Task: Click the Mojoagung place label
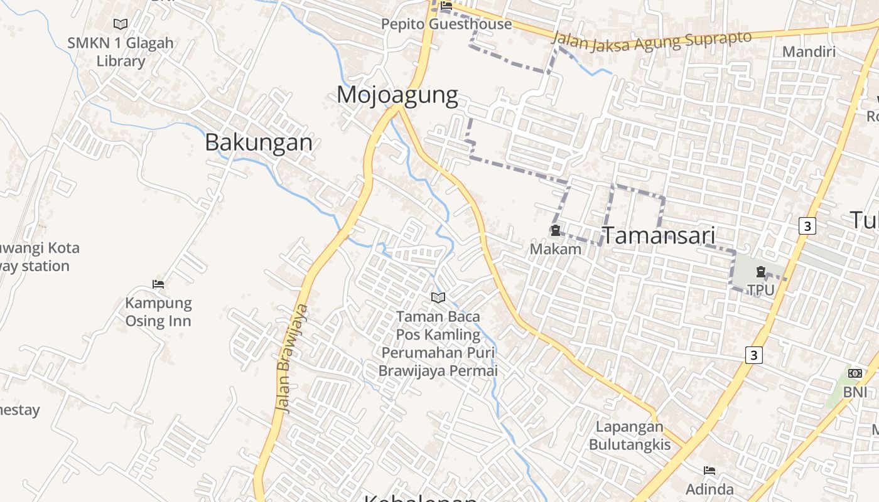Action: (x=397, y=95)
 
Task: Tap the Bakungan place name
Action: (x=259, y=142)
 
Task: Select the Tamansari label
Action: (x=659, y=235)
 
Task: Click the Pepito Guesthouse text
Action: (x=447, y=24)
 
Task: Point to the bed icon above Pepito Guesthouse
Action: (x=446, y=6)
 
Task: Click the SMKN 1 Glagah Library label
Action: (x=121, y=52)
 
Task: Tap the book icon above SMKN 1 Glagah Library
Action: (x=121, y=24)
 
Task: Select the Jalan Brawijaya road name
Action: (x=292, y=358)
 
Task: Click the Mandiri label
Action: (x=809, y=51)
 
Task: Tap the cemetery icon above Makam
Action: (x=556, y=231)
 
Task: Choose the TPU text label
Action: (x=760, y=290)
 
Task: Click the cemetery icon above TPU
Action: (x=761, y=272)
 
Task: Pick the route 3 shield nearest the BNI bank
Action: (x=754, y=355)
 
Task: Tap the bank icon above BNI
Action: (x=855, y=373)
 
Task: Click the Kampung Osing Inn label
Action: (x=158, y=312)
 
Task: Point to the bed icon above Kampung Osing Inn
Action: (x=158, y=284)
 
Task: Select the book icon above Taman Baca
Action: (x=438, y=297)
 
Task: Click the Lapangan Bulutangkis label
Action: (x=630, y=435)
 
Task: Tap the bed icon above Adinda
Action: (x=709, y=471)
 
